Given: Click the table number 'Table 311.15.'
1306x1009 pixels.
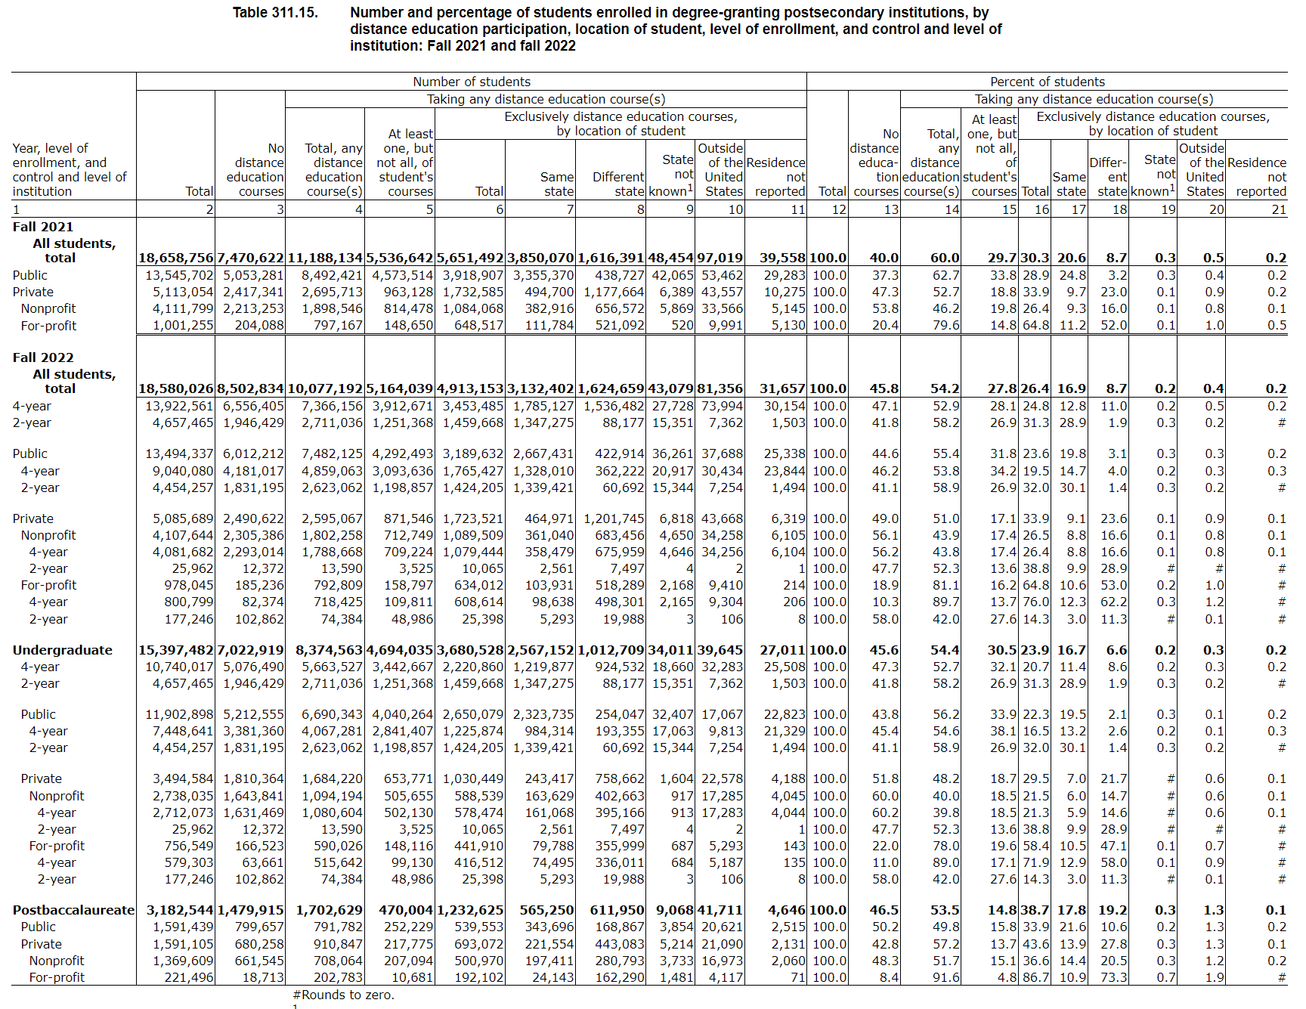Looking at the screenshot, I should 275,13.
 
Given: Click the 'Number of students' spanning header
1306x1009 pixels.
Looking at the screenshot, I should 471,82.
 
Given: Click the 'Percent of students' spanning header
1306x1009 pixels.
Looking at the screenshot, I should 1047,82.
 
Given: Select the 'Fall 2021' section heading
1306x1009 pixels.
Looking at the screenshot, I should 43,227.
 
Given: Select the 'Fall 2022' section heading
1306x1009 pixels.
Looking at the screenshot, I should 43,357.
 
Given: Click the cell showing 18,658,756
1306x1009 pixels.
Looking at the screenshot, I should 176,258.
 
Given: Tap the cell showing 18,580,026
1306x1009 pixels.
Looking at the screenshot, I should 176,389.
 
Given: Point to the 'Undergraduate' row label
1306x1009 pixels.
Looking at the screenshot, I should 62,650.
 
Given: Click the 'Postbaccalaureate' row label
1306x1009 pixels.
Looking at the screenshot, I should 73,911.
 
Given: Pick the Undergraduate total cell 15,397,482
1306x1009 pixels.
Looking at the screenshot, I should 176,650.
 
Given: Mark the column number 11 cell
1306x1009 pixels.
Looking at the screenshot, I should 798,210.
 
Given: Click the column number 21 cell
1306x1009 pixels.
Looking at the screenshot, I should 1279,210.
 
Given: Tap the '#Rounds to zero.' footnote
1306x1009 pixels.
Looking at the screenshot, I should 343,995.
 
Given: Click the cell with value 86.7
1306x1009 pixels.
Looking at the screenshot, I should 1035,977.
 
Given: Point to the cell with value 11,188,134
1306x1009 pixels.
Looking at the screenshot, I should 325,258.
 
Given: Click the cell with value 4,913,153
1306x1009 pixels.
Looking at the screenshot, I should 469,389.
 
